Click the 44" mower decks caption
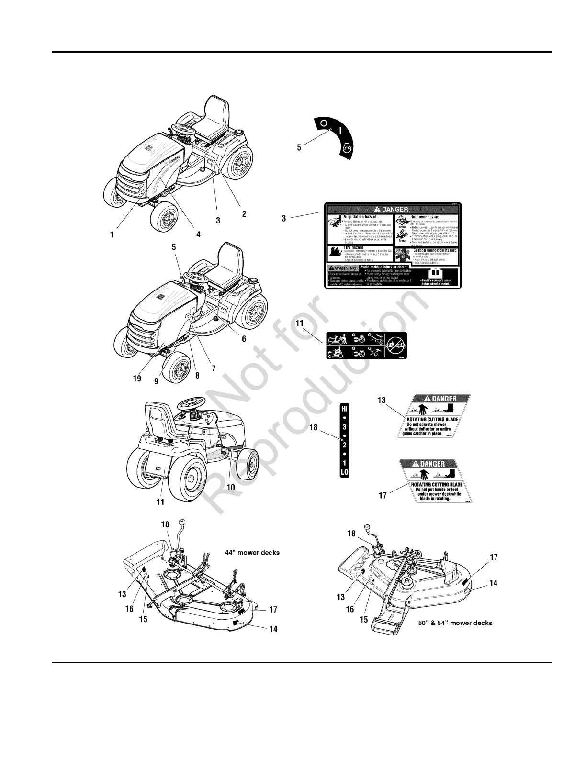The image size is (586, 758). [x=252, y=552]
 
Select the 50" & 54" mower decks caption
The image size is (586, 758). [x=455, y=623]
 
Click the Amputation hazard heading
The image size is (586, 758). [x=360, y=217]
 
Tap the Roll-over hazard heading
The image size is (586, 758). [x=425, y=217]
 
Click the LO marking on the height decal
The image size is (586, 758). [x=344, y=472]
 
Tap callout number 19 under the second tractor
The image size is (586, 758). [x=137, y=378]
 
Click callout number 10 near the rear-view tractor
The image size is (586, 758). [x=231, y=487]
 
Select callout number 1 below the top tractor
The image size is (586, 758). [x=112, y=234]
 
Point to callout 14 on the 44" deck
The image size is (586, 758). [x=273, y=629]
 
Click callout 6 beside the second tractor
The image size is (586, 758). [x=244, y=338]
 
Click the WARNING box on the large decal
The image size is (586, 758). [x=342, y=268]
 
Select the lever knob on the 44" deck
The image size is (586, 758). [x=182, y=522]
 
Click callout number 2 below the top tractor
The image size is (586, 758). [x=244, y=213]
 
